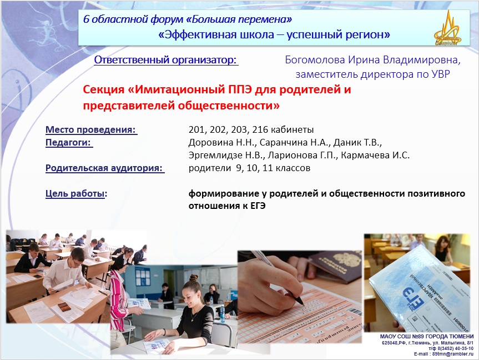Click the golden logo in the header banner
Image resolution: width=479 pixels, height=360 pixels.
tap(447, 28)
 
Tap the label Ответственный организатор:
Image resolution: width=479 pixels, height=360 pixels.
tap(165, 60)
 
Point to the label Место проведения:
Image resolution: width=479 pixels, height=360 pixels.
tap(90, 129)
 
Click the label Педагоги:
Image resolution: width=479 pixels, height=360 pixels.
tap(68, 143)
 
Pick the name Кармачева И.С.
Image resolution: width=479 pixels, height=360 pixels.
tap(375, 156)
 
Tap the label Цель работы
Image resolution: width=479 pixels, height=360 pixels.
tap(75, 193)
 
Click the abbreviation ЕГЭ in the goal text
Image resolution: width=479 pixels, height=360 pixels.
tap(258, 206)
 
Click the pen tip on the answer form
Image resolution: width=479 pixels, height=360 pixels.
tap(302, 303)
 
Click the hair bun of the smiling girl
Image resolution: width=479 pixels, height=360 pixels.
tap(193, 277)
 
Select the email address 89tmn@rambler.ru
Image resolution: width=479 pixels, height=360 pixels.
tap(453, 354)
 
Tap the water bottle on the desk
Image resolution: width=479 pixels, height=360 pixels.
tap(223, 314)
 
